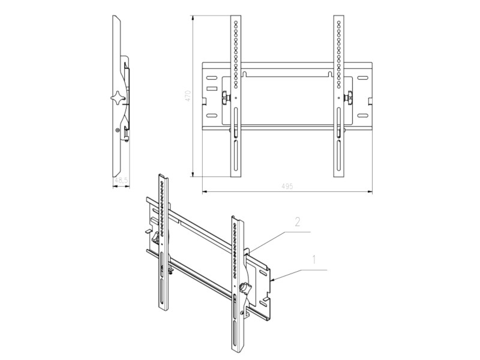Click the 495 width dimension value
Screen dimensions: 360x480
(287, 187)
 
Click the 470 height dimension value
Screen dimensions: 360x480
(188, 95)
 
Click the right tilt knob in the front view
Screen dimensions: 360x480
(347, 96)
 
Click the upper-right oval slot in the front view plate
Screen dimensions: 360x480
(364, 76)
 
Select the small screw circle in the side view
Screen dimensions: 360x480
(118, 129)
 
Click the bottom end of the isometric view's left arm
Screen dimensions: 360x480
(162, 309)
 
